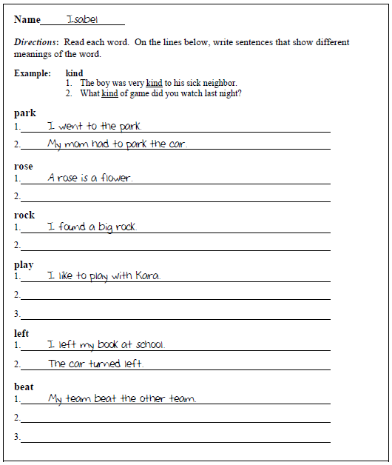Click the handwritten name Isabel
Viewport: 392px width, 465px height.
pos(81,19)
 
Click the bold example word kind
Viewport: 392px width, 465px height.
pos(74,73)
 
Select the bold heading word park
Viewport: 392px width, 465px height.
pos(24,113)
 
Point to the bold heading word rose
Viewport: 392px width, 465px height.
pos(24,166)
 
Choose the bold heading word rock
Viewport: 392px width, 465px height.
pos(24,215)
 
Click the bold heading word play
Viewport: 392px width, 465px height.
pos(24,264)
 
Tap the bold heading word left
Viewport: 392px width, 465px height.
pos(22,333)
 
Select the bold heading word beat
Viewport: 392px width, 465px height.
pos(24,387)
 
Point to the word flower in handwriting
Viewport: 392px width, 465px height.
pos(116,178)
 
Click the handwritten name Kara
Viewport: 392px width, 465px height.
pos(147,275)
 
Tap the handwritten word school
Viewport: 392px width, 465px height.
pos(150,344)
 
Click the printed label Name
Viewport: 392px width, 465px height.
pos(27,20)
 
